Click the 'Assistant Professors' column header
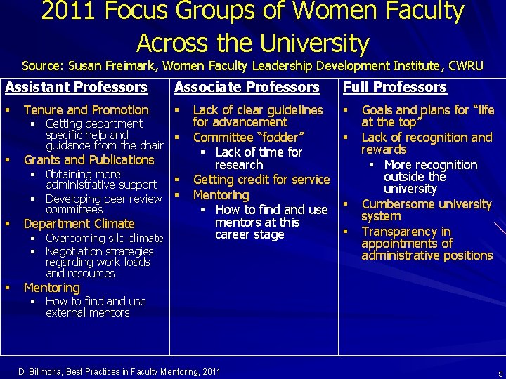[76, 88]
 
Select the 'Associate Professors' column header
[247, 88]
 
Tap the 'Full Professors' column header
[394, 88]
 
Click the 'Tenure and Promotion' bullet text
[86, 110]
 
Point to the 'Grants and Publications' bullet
[89, 159]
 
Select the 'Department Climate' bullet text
[79, 224]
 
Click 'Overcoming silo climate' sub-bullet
[104, 238]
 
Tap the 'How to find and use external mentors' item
[96, 307]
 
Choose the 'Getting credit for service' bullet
[261, 180]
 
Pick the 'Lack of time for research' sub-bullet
[258, 158]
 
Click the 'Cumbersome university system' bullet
[426, 211]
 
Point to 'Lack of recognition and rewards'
[427, 143]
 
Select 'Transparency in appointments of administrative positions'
[427, 244]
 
